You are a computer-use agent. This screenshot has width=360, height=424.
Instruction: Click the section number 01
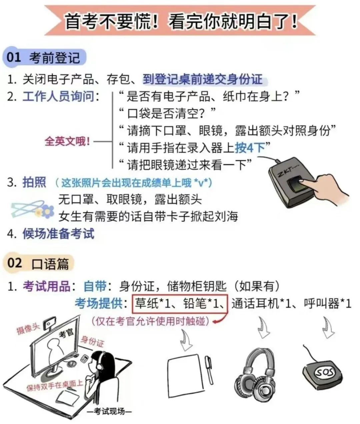pos(14,57)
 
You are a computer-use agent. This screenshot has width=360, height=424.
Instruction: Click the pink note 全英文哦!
pos(67,141)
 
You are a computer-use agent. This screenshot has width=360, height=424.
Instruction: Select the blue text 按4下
pos(250,147)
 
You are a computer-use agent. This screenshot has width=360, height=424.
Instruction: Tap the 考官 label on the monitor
pos(66,333)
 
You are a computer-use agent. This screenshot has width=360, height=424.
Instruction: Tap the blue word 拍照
pos(34,182)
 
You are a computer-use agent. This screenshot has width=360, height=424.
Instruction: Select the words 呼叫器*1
pos(328,304)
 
